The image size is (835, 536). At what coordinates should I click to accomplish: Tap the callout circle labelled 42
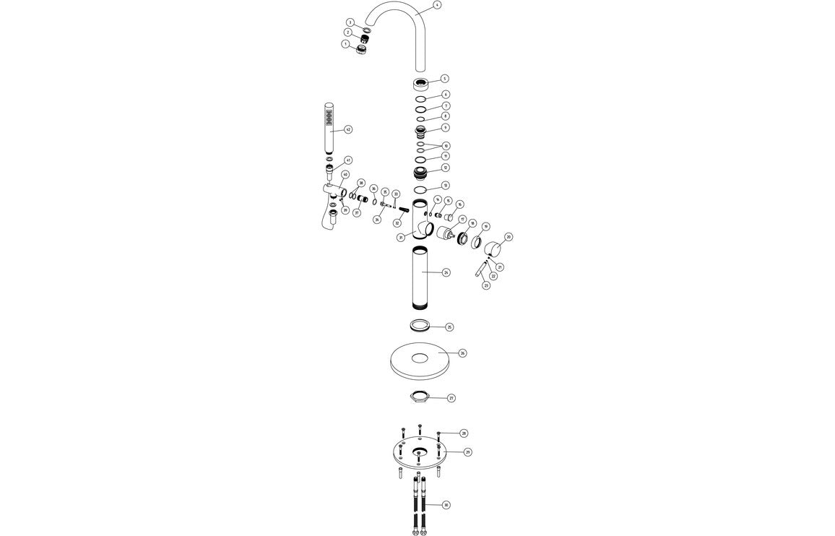(347, 130)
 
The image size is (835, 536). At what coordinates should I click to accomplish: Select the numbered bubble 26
(462, 353)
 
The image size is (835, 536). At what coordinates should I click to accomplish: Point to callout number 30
(446, 504)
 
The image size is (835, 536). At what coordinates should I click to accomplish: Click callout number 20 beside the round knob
(509, 237)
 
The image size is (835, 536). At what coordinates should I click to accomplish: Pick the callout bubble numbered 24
(446, 272)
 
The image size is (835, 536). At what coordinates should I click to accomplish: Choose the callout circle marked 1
(345, 44)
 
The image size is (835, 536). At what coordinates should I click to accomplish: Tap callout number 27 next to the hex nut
(451, 398)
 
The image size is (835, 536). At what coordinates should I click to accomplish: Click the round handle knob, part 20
(495, 251)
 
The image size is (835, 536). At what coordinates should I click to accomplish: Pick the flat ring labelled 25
(420, 324)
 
